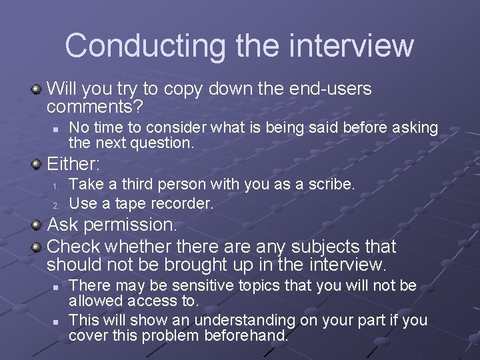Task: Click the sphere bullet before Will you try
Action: (x=38, y=89)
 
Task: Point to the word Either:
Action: (x=73, y=163)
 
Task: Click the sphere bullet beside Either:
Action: (x=38, y=163)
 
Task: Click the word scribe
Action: (x=331, y=184)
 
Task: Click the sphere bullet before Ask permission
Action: (x=38, y=225)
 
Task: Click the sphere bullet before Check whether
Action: (x=38, y=247)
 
